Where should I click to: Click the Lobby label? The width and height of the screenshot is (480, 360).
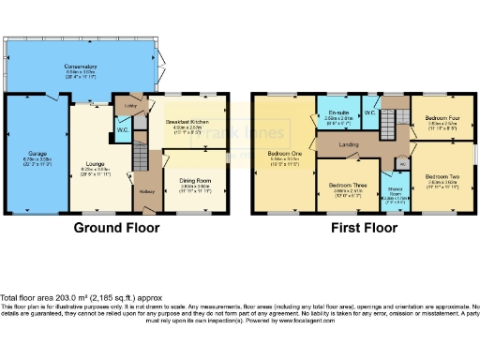(131, 106)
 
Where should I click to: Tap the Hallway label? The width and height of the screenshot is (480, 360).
(147, 192)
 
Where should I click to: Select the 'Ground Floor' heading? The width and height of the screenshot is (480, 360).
(115, 227)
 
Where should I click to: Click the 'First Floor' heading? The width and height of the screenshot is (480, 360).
(360, 227)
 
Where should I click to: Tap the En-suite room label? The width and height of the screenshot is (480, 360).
(338, 115)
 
